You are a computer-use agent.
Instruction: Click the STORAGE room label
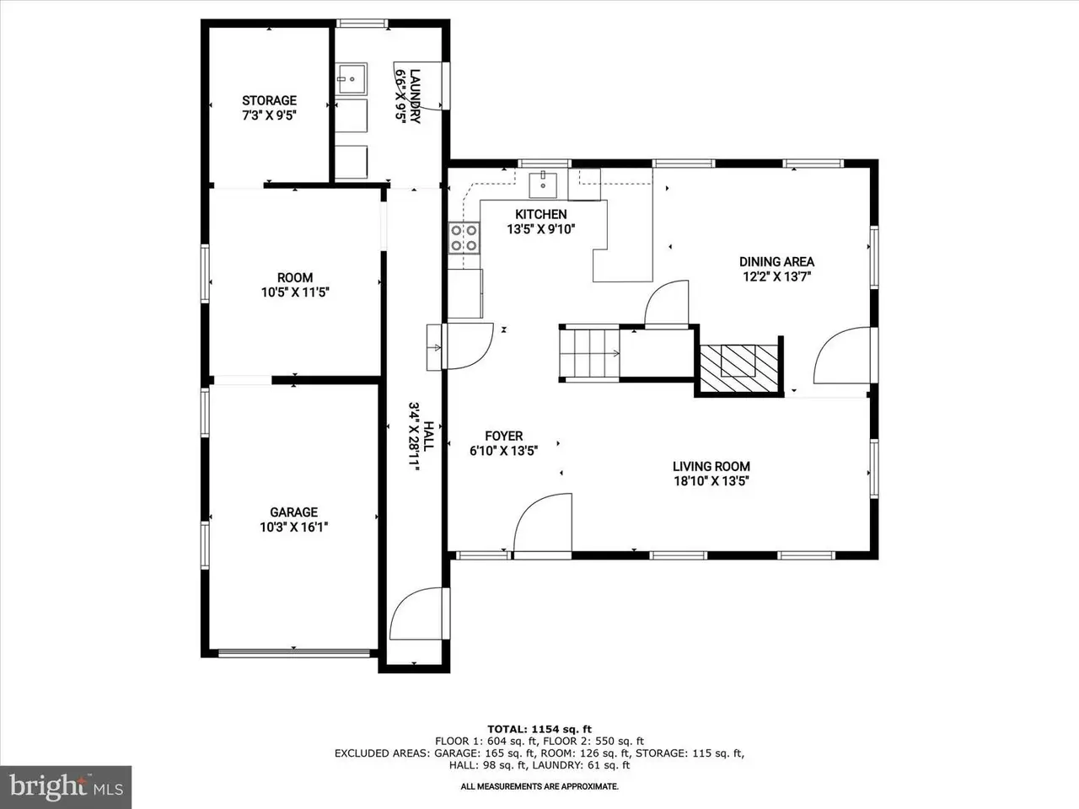[269, 100]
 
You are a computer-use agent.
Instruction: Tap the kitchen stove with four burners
[464, 238]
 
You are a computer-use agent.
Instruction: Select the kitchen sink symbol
[543, 185]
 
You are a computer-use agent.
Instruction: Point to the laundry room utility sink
[351, 78]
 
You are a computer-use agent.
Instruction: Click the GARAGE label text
[293, 512]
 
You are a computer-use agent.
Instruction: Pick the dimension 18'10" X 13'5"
[711, 481]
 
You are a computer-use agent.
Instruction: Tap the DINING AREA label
[776, 262]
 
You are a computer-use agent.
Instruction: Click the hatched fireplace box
[738, 368]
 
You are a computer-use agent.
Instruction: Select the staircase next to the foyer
[590, 353]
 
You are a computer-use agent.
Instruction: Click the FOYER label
[503, 436]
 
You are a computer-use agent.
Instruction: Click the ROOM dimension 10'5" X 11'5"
[295, 292]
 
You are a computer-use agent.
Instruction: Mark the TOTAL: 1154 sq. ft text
[539, 730]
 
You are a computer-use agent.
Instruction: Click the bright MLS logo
[66, 786]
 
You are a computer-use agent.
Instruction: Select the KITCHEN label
[540, 214]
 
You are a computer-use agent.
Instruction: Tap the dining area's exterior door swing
[842, 356]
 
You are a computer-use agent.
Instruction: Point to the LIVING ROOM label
[711, 466]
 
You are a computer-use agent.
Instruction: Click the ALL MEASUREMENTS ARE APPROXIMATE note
[539, 786]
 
